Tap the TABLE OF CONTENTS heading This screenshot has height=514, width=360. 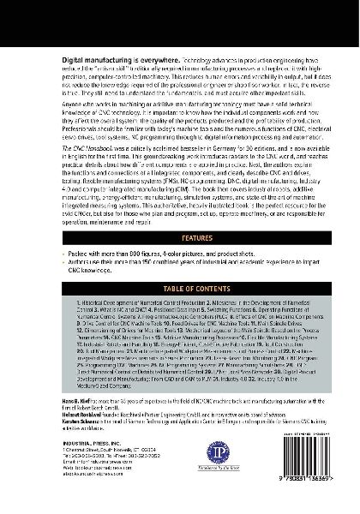pos(179,314)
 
